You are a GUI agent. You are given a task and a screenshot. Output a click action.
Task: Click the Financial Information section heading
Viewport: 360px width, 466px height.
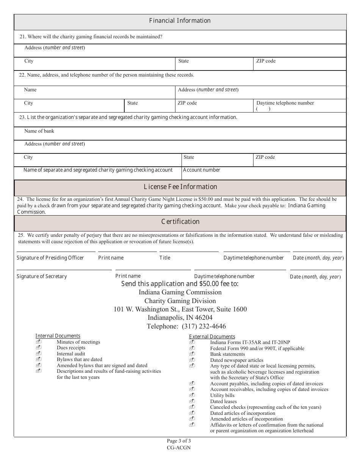180,21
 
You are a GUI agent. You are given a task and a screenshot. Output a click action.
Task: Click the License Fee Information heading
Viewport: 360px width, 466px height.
180,187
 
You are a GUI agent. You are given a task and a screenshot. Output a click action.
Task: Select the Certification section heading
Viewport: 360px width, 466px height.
180,222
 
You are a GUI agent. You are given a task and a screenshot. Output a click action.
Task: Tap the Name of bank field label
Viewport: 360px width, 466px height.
39,131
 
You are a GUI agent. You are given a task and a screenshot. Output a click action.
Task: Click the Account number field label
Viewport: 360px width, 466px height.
202,170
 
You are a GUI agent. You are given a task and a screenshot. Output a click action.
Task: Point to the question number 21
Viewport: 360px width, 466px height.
22,37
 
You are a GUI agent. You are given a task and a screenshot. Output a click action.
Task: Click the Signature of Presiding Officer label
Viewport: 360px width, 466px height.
50,258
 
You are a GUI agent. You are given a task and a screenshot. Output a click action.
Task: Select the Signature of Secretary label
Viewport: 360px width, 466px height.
42,277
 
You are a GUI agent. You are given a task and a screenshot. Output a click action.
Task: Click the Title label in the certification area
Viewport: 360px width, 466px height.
165,258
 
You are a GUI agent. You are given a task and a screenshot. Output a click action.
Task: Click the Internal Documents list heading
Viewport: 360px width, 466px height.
58,336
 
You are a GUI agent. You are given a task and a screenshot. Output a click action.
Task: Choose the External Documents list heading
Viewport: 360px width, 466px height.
212,337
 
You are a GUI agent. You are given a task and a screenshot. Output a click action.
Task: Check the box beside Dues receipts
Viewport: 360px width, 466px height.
38,348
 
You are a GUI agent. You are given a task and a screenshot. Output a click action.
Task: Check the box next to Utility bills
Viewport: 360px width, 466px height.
192,395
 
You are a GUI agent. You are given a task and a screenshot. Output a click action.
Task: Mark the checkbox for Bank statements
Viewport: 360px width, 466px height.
192,354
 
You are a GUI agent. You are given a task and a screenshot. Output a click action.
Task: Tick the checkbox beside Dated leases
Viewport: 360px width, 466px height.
192,401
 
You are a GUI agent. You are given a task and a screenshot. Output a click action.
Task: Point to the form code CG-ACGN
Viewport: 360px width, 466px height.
179,447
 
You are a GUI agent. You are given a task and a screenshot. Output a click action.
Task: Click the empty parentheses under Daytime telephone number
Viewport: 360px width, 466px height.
263,109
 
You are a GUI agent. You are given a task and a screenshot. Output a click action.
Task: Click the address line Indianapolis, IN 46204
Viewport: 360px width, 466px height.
180,318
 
